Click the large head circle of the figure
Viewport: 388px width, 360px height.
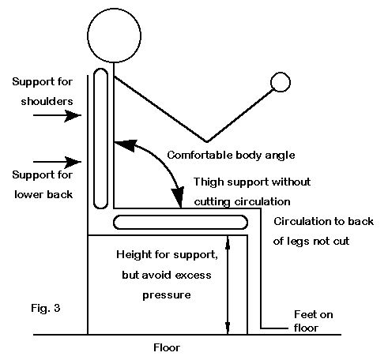pyautogui.click(x=114, y=9)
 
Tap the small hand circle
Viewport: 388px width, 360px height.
pyautogui.click(x=281, y=73)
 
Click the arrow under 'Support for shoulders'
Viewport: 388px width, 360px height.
pyautogui.click(x=57, y=115)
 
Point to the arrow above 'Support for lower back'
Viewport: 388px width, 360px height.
pyautogui.click(x=57, y=162)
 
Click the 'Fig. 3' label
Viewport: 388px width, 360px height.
pyautogui.click(x=46, y=308)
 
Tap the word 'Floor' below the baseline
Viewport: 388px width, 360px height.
pyautogui.click(x=167, y=347)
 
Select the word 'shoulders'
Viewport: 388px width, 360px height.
pyautogui.click(x=47, y=101)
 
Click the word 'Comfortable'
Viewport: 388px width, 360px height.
pyautogui.click(x=200, y=155)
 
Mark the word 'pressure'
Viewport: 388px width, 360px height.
pyautogui.click(x=167, y=295)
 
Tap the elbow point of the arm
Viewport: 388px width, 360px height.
pyautogui.click(x=207, y=142)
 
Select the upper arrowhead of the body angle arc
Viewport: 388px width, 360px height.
pyautogui.click(x=125, y=145)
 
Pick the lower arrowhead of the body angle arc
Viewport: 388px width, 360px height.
pyautogui.click(x=178, y=197)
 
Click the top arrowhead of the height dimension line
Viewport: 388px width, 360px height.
pyautogui.click(x=228, y=242)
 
